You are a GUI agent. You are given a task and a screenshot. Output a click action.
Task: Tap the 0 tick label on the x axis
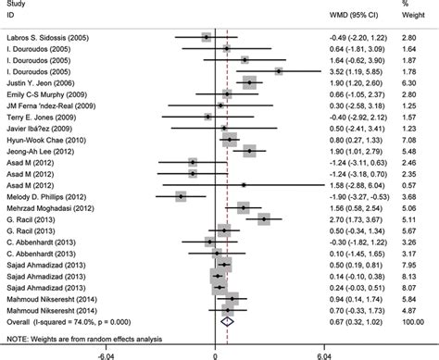pyautogui.click(x=214, y=353)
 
